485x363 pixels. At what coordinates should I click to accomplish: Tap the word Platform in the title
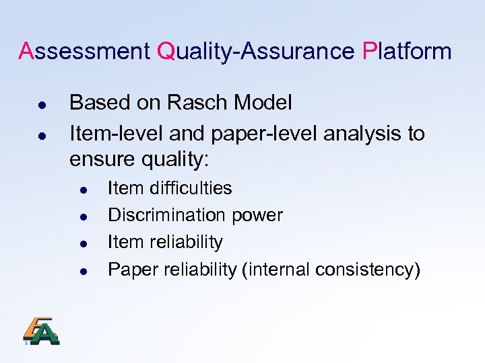406,51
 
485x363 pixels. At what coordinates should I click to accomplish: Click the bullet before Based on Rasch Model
41,106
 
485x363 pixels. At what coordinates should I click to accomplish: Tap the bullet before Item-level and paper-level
41,136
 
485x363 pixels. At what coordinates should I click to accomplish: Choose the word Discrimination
168,215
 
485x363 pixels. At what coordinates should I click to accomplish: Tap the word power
258,216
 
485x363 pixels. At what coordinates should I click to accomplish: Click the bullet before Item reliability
82,244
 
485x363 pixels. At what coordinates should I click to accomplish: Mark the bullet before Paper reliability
82,272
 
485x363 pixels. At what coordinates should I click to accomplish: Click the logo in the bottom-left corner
41,331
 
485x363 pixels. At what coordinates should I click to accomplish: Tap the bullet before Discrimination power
82,217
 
